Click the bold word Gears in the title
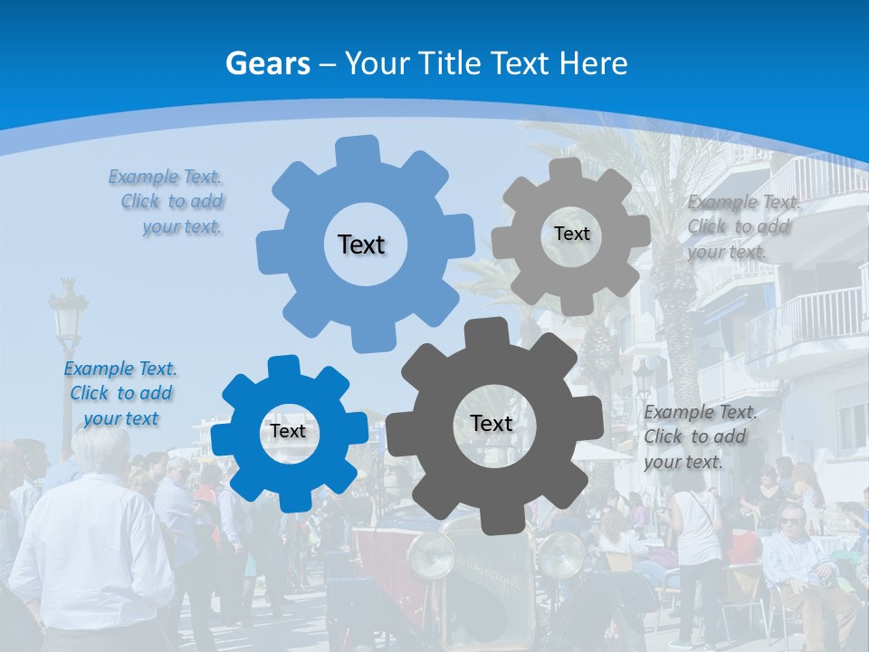point(267,63)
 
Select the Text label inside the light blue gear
point(361,244)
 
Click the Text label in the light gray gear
point(571,234)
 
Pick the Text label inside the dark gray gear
point(492,423)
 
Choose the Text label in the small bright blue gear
point(288,431)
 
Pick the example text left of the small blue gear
point(120,393)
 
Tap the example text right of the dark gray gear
point(699,436)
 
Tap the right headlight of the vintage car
point(561,555)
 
